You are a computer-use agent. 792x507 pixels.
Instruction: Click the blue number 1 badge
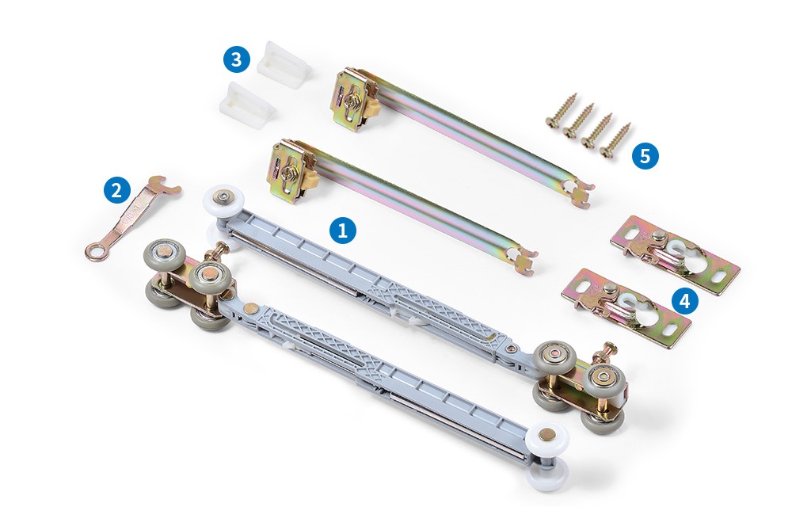342,231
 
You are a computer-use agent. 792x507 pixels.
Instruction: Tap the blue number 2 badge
117,190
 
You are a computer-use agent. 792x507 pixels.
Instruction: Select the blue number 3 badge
236,59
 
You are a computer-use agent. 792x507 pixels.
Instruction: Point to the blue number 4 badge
685,301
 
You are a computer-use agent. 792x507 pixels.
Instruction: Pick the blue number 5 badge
645,155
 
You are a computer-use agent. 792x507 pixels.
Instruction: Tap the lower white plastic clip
247,105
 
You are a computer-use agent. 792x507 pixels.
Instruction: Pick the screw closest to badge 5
615,140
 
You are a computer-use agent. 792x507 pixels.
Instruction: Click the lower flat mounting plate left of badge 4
626,307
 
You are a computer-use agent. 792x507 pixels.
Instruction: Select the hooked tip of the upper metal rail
581,193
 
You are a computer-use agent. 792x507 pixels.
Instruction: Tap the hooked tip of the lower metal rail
524,260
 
